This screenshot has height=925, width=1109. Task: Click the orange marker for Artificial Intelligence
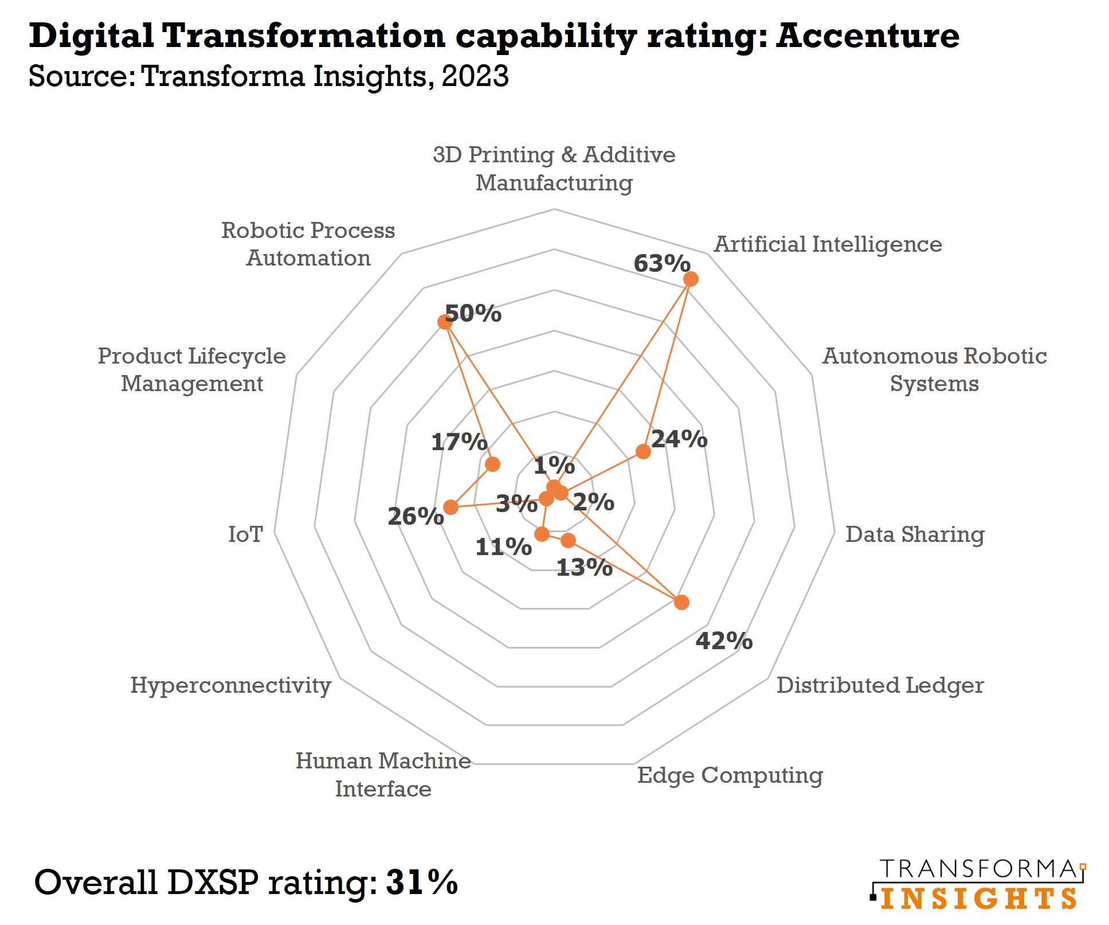[x=691, y=279]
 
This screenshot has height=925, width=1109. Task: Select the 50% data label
[x=473, y=314]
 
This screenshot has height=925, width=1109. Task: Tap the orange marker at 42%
[x=681, y=602]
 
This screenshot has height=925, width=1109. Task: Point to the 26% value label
[x=416, y=516]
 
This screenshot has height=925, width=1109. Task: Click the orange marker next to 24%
[x=643, y=451]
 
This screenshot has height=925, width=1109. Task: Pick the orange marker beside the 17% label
[x=492, y=464]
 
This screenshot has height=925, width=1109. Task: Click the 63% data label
[x=661, y=264]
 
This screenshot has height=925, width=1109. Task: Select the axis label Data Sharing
[x=915, y=534]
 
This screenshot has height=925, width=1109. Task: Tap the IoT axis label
[x=245, y=534]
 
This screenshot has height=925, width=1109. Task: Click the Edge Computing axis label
[x=730, y=775]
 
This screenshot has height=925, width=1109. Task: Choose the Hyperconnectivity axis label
[x=230, y=685]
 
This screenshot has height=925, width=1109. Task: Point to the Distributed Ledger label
[x=880, y=685]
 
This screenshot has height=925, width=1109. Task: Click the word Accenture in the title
[x=867, y=36]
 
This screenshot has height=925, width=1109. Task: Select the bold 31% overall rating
[x=422, y=881]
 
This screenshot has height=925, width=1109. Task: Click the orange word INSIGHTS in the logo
[x=978, y=899]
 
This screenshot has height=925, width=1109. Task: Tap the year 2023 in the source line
[x=475, y=76]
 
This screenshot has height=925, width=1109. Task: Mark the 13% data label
[x=584, y=568]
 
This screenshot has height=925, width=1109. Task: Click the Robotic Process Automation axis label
[x=308, y=244]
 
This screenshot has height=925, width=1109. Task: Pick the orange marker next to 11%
[x=542, y=534]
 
